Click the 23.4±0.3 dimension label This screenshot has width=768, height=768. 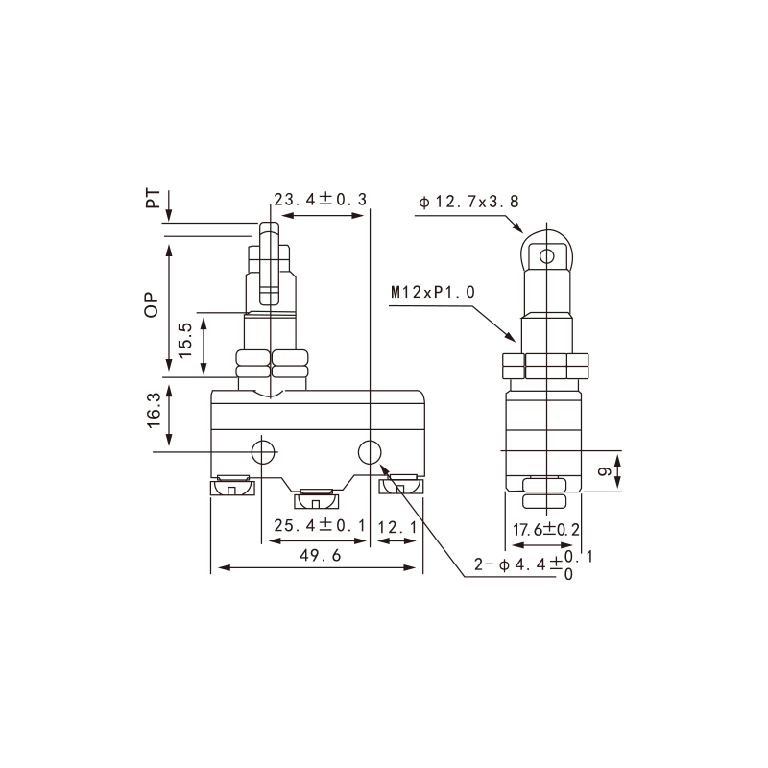tap(321, 200)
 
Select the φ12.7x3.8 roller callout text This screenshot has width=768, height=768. tap(468, 202)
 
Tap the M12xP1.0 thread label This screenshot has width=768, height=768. tap(433, 293)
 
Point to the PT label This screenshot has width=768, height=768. tap(153, 198)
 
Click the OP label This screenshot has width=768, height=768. tap(152, 304)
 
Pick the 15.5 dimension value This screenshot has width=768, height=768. tap(185, 340)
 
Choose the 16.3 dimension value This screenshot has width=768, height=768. tap(154, 411)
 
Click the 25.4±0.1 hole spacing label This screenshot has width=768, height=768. tap(320, 525)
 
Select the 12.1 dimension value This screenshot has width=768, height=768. tap(397, 527)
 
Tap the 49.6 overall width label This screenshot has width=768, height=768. tap(320, 555)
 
